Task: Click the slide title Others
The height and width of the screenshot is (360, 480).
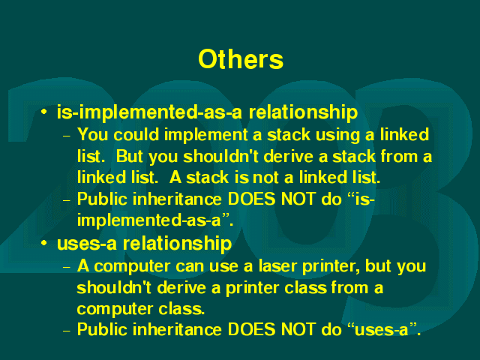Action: [241, 59]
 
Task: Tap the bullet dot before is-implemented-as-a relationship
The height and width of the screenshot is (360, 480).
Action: [44, 112]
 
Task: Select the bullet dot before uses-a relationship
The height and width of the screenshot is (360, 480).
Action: [44, 243]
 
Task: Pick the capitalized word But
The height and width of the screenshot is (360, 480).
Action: [129, 156]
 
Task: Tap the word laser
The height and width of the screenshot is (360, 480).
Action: [277, 265]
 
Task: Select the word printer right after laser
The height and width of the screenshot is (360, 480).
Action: [331, 267]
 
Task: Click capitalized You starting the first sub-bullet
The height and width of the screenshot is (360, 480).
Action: [92, 135]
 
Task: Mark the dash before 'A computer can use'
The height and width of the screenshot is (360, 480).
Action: [67, 267]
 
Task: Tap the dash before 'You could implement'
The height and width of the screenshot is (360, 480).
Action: [67, 136]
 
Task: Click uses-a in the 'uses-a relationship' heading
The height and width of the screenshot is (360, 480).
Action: [87, 244]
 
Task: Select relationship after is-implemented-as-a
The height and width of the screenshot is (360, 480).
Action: [303, 112]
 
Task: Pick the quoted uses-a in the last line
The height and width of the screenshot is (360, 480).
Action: [382, 330]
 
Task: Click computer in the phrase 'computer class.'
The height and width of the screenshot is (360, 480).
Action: [115, 310]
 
